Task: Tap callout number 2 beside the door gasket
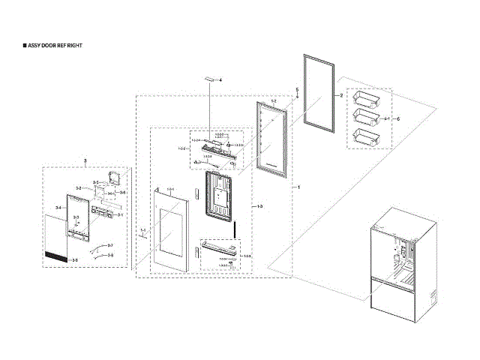point(340,96)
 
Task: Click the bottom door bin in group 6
point(364,137)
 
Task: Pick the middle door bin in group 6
point(364,117)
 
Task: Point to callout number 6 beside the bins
point(398,119)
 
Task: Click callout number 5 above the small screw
point(297,90)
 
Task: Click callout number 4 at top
point(220,79)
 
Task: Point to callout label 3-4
point(58,207)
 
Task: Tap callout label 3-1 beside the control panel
point(119,216)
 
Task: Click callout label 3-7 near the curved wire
point(109,246)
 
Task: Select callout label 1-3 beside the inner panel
point(259,205)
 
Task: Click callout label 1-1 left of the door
point(142,229)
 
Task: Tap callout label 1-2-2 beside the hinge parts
point(181,149)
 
